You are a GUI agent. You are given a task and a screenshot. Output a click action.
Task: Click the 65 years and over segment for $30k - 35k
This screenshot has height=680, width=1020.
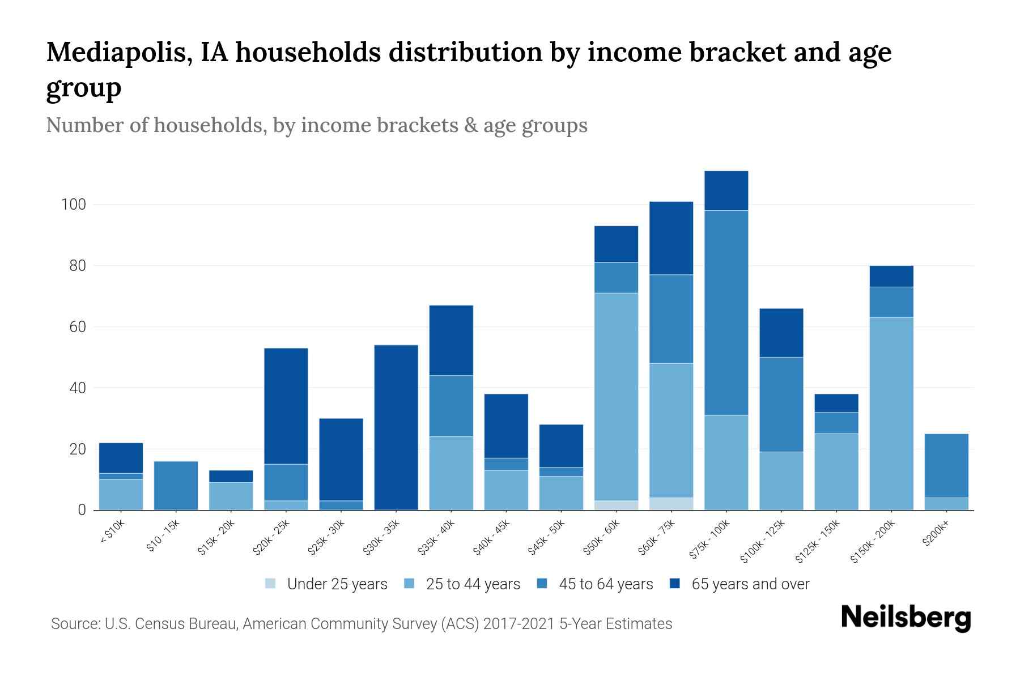pos(396,427)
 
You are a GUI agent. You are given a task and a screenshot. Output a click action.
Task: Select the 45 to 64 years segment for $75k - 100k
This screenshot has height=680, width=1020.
pos(726,313)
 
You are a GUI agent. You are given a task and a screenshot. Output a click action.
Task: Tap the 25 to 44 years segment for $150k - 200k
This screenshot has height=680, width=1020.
pos(891,414)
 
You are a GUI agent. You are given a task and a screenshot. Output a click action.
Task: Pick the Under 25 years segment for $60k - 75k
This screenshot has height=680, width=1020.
pos(671,504)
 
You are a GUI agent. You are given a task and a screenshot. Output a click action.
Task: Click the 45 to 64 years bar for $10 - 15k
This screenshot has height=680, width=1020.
pos(176,486)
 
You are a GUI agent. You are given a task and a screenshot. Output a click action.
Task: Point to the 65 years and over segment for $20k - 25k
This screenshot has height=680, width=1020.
pos(286,406)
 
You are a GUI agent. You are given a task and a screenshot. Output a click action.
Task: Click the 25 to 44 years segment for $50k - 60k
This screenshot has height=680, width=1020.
pos(616,397)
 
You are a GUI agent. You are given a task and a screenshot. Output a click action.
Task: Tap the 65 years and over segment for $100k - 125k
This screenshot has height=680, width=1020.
pos(781,333)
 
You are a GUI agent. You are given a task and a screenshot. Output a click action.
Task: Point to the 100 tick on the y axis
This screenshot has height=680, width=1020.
pos(73,205)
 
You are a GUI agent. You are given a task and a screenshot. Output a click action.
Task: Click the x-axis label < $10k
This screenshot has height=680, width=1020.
pos(112,532)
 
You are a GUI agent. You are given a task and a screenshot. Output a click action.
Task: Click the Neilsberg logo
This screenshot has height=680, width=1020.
pos(906,618)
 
